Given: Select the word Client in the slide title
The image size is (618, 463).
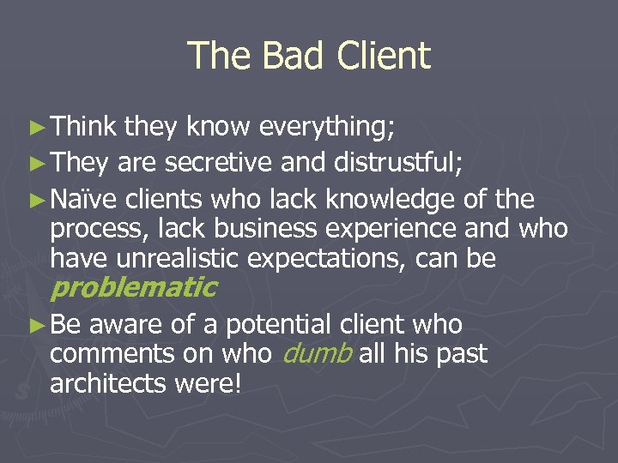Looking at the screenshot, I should (384, 57).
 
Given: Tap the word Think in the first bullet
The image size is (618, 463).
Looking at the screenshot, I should (83, 128).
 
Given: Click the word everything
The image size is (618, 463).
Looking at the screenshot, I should (327, 129).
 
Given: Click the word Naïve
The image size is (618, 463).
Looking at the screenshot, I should (83, 201).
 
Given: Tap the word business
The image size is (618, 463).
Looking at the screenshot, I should (251, 230).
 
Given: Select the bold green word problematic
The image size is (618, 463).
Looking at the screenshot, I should (133, 287).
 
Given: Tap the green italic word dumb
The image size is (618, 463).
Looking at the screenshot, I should (317, 354).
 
